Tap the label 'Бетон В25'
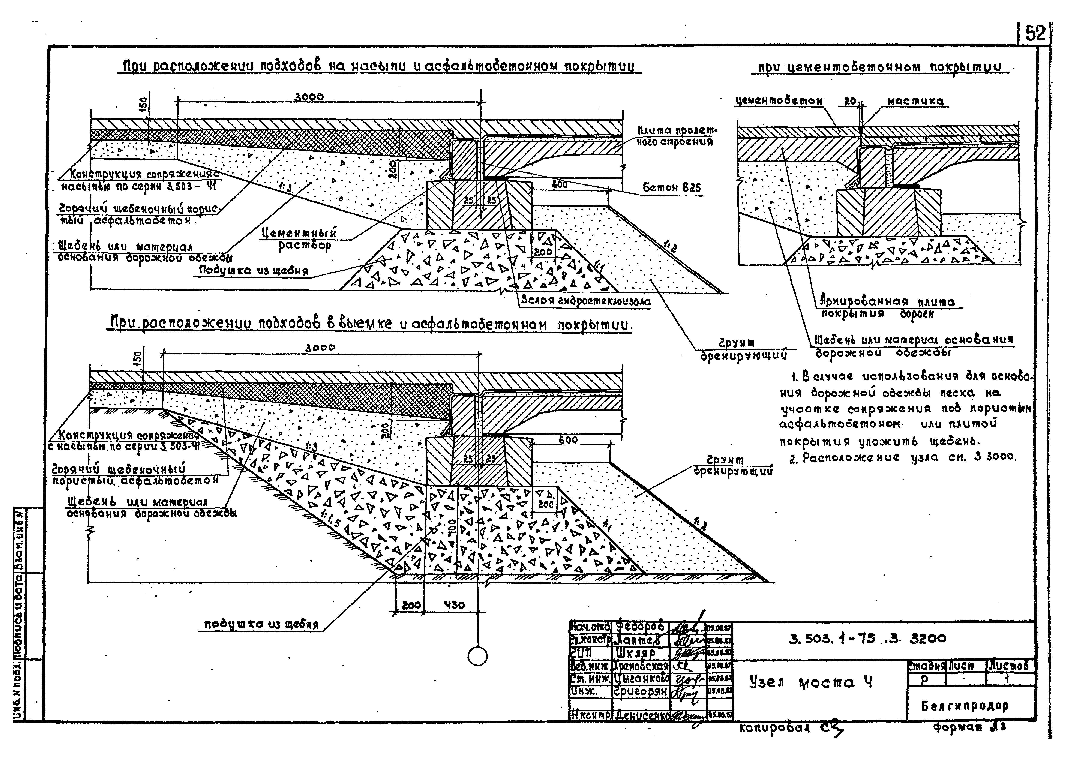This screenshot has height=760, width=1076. [x=672, y=188]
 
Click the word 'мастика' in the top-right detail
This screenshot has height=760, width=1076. [x=915, y=101]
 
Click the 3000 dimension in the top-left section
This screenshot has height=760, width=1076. [x=309, y=97]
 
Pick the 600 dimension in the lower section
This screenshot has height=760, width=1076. [x=568, y=440]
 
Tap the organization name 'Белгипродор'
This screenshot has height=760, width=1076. [x=971, y=706]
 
